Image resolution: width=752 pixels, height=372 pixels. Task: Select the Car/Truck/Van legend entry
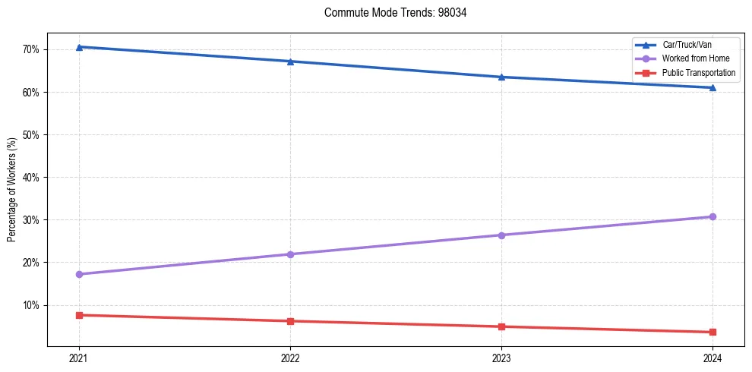pyautogui.click(x=687, y=45)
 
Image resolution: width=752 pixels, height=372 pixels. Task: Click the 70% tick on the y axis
pyautogui.click(x=31, y=50)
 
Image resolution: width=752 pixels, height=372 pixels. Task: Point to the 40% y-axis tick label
pyautogui.click(x=31, y=178)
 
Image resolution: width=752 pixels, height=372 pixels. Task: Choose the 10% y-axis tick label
pyautogui.click(x=31, y=305)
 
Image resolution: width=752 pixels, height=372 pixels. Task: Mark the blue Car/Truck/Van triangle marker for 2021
pyautogui.click(x=79, y=47)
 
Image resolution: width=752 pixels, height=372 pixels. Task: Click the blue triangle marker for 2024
pyautogui.click(x=713, y=87)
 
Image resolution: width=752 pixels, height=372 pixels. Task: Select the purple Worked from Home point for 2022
pyautogui.click(x=290, y=254)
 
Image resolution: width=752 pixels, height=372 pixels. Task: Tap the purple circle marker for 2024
pyautogui.click(x=713, y=217)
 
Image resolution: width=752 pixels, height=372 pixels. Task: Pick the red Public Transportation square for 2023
pyautogui.click(x=501, y=326)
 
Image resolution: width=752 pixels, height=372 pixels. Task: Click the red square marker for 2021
pyautogui.click(x=79, y=315)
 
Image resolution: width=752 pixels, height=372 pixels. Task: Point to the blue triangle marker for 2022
pyautogui.click(x=290, y=61)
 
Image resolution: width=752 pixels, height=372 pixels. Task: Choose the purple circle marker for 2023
pyautogui.click(x=501, y=235)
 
